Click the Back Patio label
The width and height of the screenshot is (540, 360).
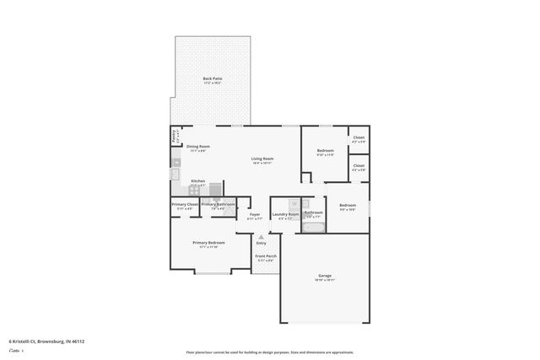[212, 79]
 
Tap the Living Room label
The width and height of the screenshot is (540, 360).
[262, 159]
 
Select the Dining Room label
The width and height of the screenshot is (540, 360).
[198, 146]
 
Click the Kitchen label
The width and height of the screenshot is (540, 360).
[197, 180]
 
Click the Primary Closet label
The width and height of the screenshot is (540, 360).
[185, 204]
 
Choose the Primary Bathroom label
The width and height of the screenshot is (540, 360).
[218, 204]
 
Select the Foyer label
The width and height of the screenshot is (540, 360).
[254, 214]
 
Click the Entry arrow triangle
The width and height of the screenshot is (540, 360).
[261, 237]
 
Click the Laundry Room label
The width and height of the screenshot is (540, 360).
[285, 214]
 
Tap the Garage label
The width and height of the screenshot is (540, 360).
[324, 276]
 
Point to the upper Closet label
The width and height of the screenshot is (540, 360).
[358, 137]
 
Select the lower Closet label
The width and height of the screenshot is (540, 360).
[358, 165]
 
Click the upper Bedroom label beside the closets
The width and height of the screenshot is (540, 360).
[325, 150]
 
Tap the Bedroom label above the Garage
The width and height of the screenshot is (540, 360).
[348, 205]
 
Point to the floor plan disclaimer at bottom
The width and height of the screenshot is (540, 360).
[270, 352]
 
